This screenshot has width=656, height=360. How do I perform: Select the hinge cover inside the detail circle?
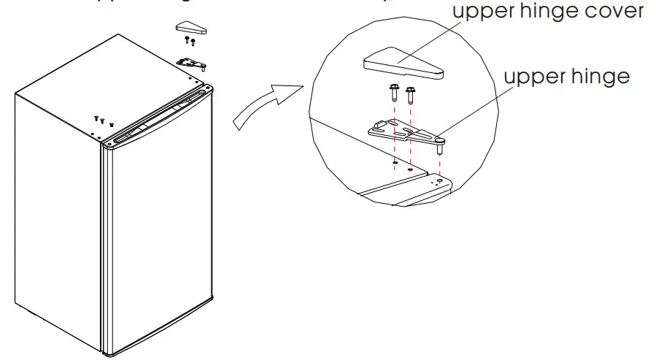[x=402, y=65]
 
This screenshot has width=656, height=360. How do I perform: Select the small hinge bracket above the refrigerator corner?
[x=192, y=66]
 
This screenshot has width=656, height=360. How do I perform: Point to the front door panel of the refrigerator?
[x=161, y=241]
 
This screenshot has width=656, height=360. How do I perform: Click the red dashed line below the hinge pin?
[x=440, y=164]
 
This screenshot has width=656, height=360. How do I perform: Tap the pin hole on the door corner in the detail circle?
[x=439, y=179]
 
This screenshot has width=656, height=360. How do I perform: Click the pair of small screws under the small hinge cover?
[x=190, y=42]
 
